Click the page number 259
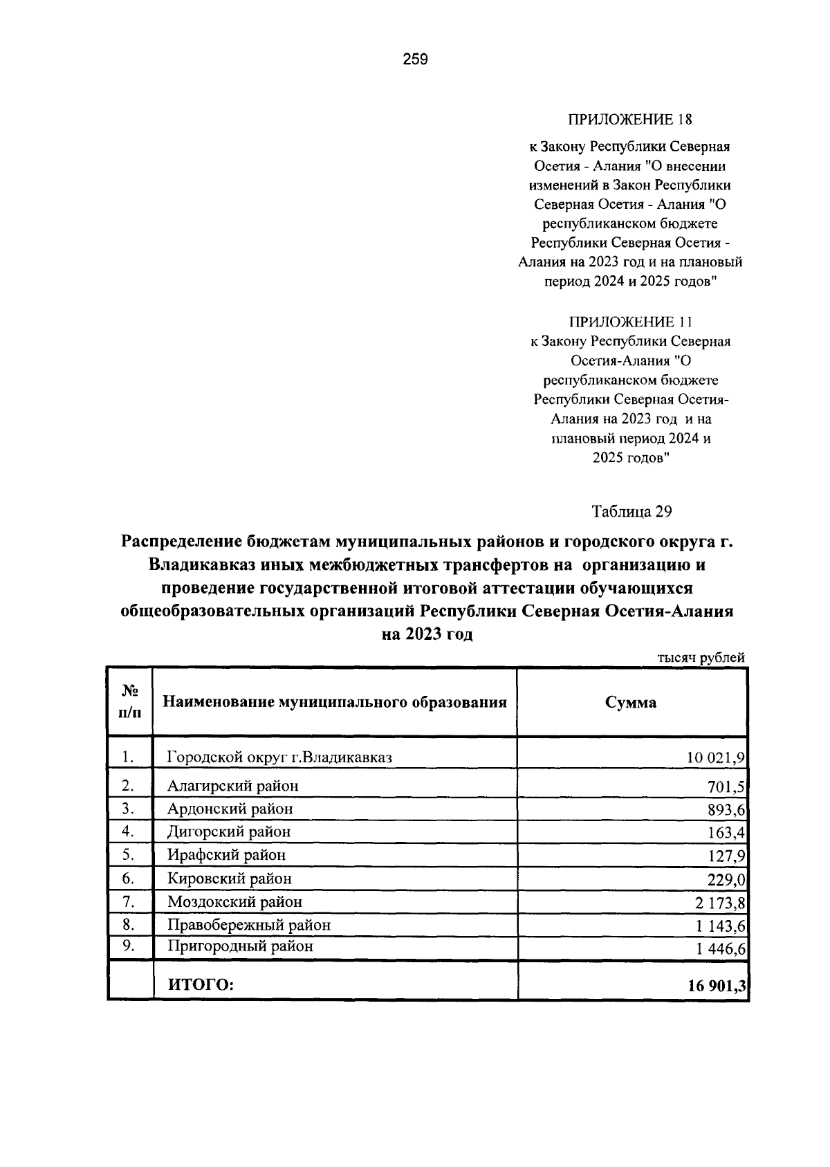pyautogui.click(x=416, y=59)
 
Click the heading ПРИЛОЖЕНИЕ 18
pyautogui.click(x=629, y=120)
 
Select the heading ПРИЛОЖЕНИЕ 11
pyautogui.click(x=629, y=322)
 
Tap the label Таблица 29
pyautogui.click(x=631, y=511)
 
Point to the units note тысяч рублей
pyautogui.click(x=701, y=657)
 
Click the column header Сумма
pyautogui.click(x=631, y=702)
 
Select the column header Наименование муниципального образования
pyautogui.click(x=335, y=702)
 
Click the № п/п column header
pyautogui.click(x=130, y=701)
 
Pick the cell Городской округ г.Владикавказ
pyautogui.click(x=279, y=757)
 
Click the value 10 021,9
pyautogui.click(x=715, y=757)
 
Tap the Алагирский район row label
pyautogui.click(x=233, y=786)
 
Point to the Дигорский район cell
pyautogui.click(x=229, y=831)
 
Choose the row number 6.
pyautogui.click(x=127, y=878)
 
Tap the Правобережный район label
pyautogui.click(x=249, y=924)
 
